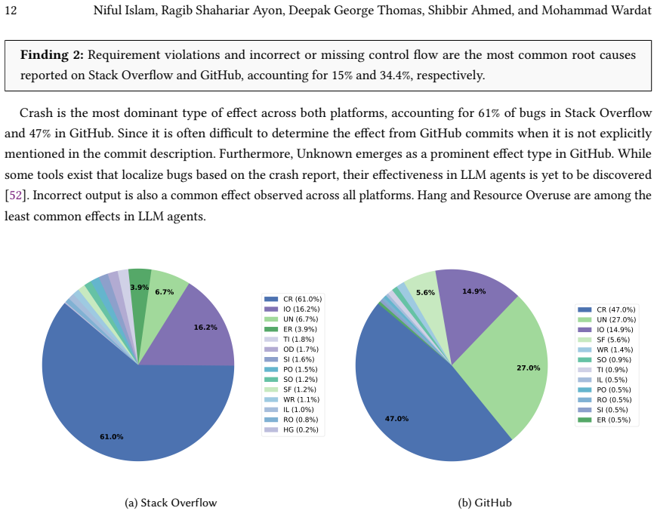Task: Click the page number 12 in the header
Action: (11, 10)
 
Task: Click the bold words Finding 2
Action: (52, 55)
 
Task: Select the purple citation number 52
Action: (16, 195)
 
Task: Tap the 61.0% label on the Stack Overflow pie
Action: (112, 436)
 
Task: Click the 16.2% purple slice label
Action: (205, 327)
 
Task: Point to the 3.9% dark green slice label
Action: (140, 287)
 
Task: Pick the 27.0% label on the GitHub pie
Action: (529, 368)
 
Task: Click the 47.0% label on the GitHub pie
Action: (396, 418)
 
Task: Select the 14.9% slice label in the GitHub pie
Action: (474, 291)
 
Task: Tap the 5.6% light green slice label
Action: (425, 292)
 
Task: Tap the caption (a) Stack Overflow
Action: (171, 503)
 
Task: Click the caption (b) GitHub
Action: (485, 503)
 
